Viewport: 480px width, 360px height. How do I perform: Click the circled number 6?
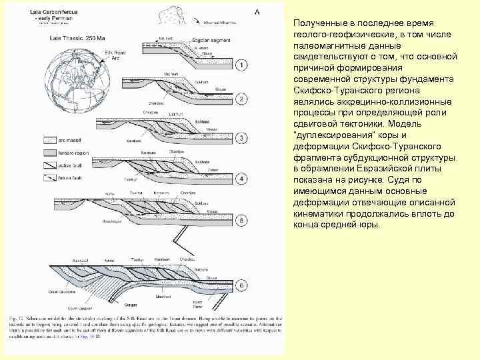coord(242,286)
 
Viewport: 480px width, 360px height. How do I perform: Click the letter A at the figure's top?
coord(257,12)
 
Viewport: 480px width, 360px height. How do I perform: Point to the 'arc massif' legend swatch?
coord(48,141)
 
